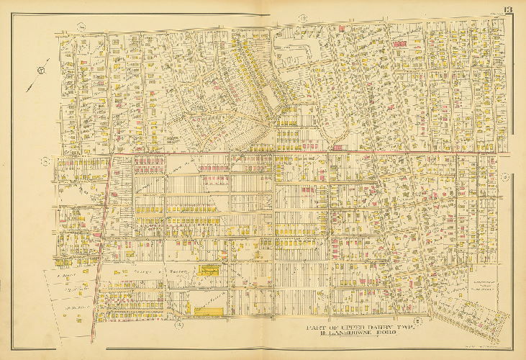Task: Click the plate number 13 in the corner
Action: pyautogui.click(x=508, y=9)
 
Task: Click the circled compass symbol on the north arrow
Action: pyautogui.click(x=40, y=71)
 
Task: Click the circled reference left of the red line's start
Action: pyautogui.click(x=45, y=160)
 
